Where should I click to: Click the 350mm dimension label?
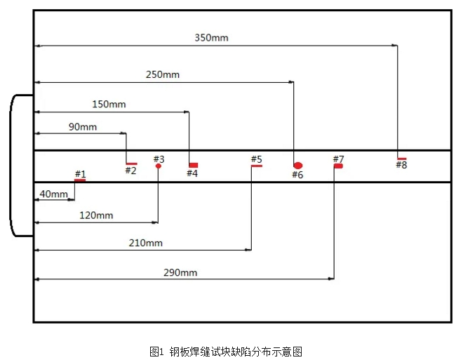point(211,38)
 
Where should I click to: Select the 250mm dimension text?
point(163,74)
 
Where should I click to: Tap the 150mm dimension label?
point(109,104)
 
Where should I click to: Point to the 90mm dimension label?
point(83,127)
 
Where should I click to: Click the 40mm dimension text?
point(54,194)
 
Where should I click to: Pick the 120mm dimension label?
point(96,215)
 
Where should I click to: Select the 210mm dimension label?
point(146,243)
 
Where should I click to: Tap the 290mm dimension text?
point(180,272)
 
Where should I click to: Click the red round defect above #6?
point(297,166)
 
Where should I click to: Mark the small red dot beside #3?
point(159,166)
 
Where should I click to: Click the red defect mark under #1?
point(80,180)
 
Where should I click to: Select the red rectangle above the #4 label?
point(193,165)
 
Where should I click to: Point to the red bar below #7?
point(338,166)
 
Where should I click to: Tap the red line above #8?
point(401,159)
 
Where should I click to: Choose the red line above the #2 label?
point(131,164)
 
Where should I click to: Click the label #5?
point(256,159)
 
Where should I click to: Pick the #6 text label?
point(297,175)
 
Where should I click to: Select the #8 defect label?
point(401,166)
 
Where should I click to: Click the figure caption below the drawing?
point(226,352)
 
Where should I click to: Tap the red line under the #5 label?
point(256,166)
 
